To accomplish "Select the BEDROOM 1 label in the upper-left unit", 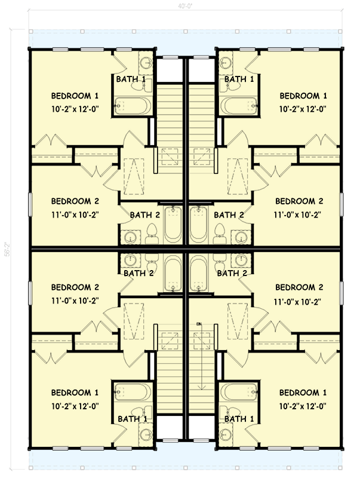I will tap(75, 96).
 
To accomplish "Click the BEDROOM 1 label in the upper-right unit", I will tap(303, 96).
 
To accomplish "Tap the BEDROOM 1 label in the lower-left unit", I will tap(75, 393).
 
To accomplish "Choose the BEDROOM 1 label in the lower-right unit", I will tap(303, 393).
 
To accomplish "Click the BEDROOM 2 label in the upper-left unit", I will tap(75, 201).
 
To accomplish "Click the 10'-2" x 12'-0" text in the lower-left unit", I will tap(75, 406).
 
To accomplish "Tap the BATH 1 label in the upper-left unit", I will tap(131, 79).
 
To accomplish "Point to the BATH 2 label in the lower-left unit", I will tap(139, 273).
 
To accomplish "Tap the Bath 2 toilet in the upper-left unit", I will tap(152, 231).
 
